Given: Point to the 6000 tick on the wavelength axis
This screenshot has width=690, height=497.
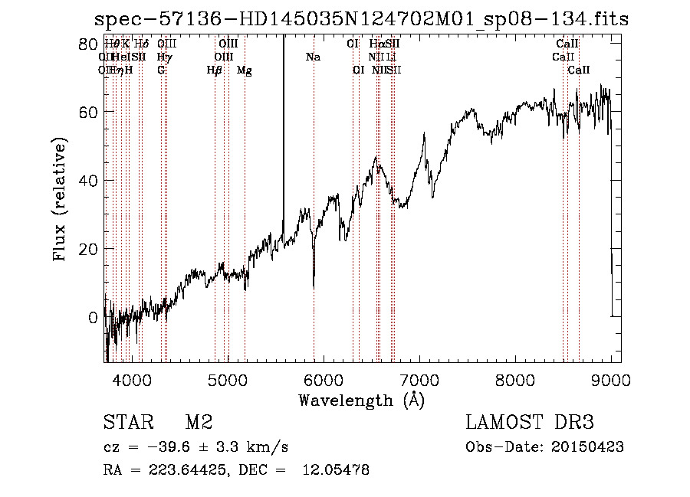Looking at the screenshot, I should point(324,378).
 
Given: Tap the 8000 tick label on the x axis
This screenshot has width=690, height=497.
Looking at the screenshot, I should point(516,378).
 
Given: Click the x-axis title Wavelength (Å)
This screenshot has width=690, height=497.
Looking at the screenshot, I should point(361,400).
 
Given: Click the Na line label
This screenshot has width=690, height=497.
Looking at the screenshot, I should point(313,57).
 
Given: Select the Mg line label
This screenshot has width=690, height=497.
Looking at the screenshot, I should point(244,70).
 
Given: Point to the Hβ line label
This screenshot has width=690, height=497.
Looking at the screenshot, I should point(215,70).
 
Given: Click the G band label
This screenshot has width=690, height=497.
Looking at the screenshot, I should point(161,70).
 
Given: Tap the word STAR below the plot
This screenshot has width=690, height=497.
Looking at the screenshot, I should point(127,423).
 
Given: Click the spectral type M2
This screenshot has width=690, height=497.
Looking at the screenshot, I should point(198,423).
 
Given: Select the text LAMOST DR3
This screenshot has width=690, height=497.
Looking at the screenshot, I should point(529,423).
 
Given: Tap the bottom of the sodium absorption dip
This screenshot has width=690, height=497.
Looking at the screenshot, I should point(314,287).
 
